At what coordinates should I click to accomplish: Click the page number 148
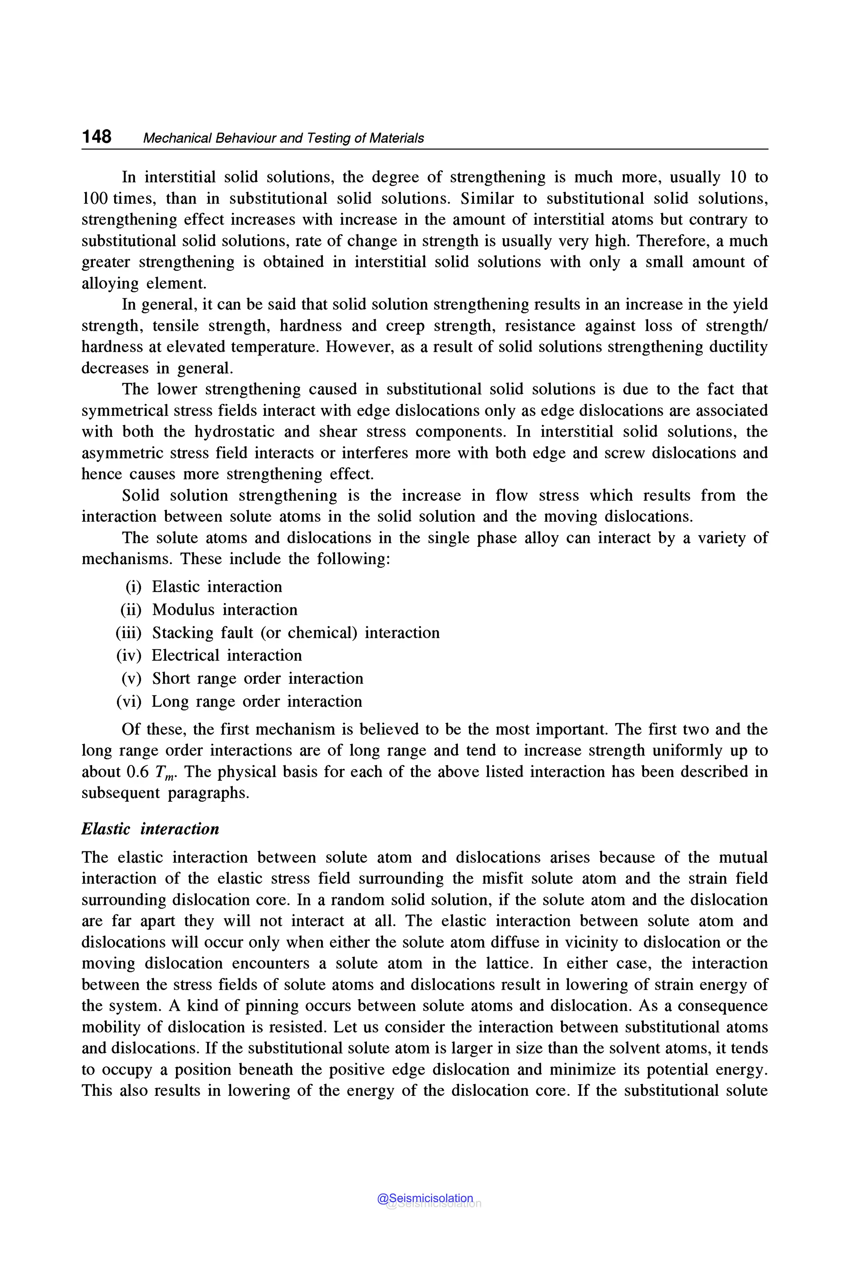coord(96,137)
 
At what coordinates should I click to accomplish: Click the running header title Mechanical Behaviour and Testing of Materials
coord(283,138)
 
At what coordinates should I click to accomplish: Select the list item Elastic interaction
coord(217,587)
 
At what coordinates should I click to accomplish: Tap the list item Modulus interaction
coord(225,610)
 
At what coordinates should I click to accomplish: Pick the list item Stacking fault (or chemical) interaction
coord(296,633)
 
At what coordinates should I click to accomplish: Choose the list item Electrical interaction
coord(227,655)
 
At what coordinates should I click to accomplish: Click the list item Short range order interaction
coord(257,679)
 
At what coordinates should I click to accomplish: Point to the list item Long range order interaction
coord(256,701)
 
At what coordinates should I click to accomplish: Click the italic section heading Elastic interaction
coord(150,829)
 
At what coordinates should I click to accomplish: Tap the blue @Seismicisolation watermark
coord(425,1198)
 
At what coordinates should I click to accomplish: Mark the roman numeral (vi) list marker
coord(129,701)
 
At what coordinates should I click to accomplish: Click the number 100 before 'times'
coord(95,198)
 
